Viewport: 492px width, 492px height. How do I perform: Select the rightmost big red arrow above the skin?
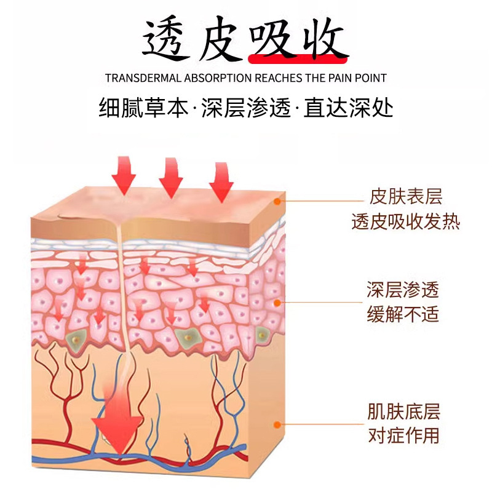pyautogui.click(x=221, y=180)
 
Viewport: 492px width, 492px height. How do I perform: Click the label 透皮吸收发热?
pyautogui.click(x=405, y=221)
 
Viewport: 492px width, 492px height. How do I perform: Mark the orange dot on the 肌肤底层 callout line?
pyautogui.click(x=278, y=424)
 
